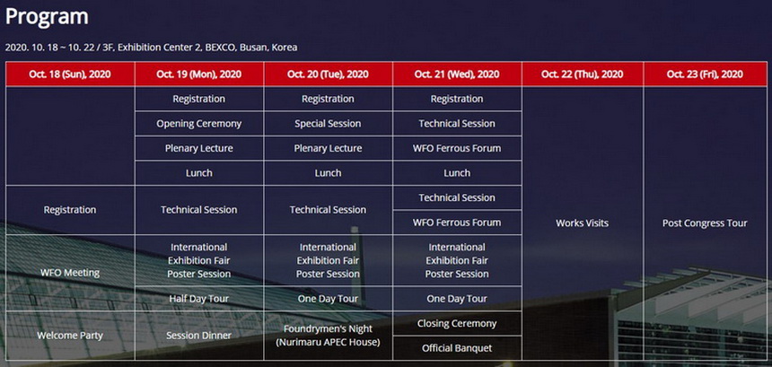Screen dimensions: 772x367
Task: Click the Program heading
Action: [47, 17]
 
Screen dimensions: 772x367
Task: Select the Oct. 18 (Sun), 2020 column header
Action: [70, 74]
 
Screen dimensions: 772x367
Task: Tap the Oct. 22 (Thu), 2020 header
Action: [583, 74]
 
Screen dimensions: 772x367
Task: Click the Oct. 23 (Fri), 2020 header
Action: [705, 74]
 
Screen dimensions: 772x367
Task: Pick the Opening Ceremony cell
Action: [199, 124]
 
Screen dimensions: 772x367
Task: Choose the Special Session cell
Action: [328, 124]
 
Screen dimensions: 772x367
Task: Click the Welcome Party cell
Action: [70, 336]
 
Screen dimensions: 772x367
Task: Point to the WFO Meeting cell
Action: [70, 273]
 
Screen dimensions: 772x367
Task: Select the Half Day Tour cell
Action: [199, 299]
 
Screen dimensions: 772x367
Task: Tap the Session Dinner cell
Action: [199, 336]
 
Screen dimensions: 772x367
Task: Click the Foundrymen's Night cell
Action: [328, 336]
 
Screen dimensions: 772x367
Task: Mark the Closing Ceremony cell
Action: [457, 324]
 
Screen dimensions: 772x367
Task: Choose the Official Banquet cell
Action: [457, 348]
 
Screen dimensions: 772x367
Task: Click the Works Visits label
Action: [583, 223]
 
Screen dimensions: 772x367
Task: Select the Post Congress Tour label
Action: [705, 223]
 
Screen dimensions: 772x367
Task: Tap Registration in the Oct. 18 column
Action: [70, 210]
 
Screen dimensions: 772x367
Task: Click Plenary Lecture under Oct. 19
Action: [199, 148]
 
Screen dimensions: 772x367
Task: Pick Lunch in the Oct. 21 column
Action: [457, 173]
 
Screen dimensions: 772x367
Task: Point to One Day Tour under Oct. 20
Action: [328, 299]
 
